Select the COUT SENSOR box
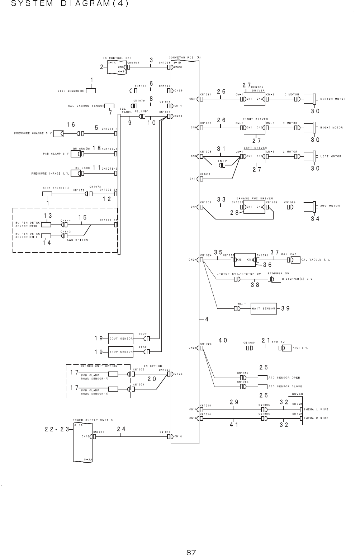(x=121, y=338)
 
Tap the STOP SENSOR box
(x=121, y=352)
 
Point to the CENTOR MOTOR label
(x=333, y=99)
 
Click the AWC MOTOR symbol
(x=309, y=207)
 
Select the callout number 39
(x=285, y=308)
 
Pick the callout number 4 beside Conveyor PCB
(x=207, y=319)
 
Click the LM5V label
(x=223, y=161)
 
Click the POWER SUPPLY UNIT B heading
(x=93, y=420)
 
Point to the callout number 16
(x=71, y=124)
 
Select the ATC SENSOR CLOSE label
(x=285, y=387)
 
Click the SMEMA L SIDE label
(x=316, y=409)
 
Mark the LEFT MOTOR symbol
(x=309, y=157)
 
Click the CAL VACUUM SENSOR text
(x=86, y=106)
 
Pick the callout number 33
(x=221, y=199)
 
